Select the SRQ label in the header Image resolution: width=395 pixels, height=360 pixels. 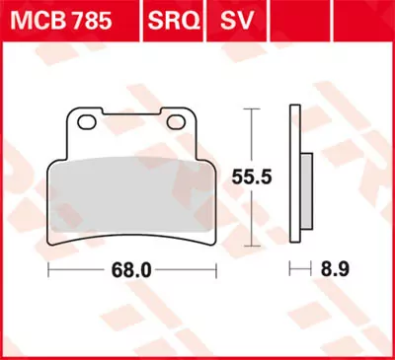coord(170,21)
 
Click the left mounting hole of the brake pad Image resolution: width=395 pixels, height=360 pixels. coord(86,122)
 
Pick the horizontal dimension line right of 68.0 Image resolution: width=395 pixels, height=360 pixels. coord(183,268)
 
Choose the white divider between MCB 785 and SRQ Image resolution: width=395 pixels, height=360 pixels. coord(142,21)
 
